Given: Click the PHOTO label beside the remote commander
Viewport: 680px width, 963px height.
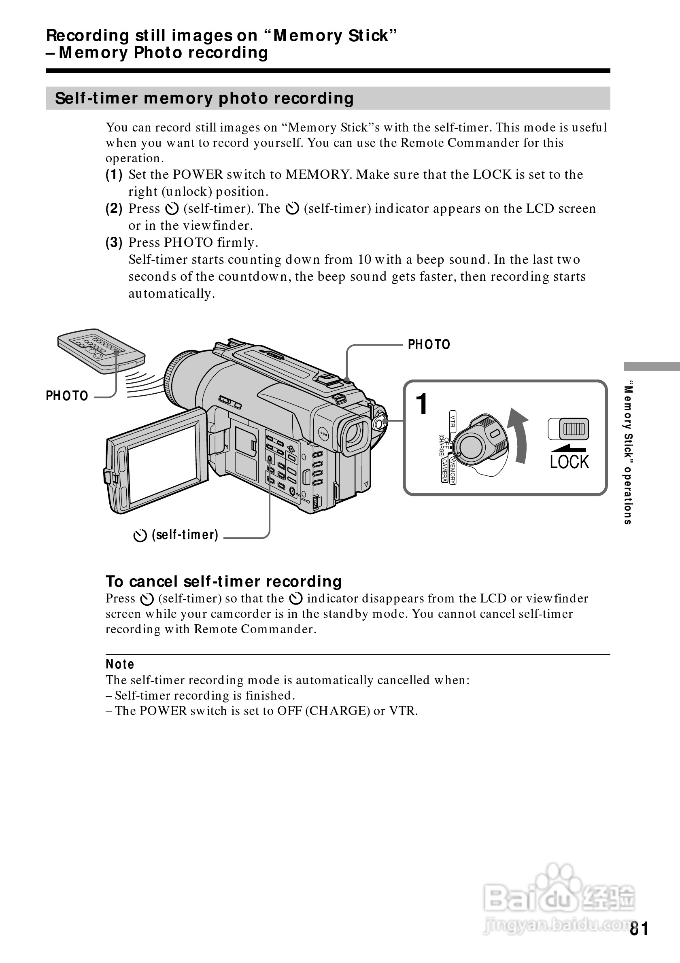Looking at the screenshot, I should click(x=67, y=396).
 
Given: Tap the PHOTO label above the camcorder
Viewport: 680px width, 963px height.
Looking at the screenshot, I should click(x=429, y=345).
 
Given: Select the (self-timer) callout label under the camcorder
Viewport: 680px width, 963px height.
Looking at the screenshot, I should click(x=176, y=535).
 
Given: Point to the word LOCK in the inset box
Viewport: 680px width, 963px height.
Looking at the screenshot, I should click(x=569, y=462).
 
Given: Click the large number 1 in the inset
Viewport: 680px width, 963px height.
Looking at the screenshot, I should click(x=422, y=404).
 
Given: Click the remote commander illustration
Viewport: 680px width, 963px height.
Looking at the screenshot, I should click(x=101, y=351).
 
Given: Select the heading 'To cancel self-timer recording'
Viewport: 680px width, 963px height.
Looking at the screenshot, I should click(x=223, y=582).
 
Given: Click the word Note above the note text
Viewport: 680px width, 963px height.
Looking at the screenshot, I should click(x=120, y=664).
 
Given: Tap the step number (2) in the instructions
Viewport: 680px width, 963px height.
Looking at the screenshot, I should click(x=114, y=208).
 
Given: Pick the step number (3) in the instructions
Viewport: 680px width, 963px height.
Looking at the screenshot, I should click(x=114, y=242).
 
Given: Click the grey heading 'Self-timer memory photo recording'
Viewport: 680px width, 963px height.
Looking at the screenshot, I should click(x=204, y=99).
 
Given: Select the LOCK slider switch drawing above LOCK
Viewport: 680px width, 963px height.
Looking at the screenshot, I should click(x=568, y=429).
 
